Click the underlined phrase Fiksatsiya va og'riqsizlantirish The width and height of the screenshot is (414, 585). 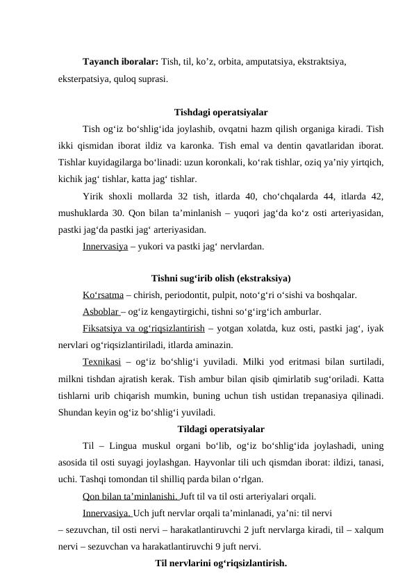(142, 328)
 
